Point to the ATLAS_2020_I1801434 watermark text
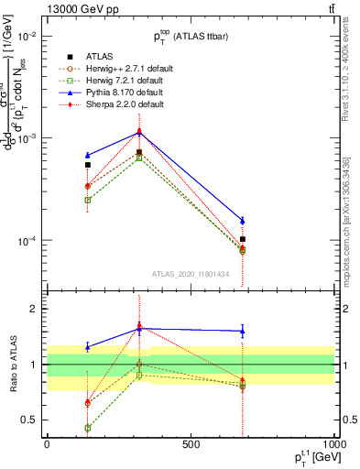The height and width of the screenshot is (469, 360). coord(190,274)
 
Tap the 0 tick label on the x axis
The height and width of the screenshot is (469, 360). coord(47,445)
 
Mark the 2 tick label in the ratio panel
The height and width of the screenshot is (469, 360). coord(34,309)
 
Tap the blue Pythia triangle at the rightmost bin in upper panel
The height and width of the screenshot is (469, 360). coord(242,220)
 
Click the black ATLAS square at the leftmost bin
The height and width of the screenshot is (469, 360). coord(87,166)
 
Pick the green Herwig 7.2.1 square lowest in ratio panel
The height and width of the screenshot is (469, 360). coord(87,428)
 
